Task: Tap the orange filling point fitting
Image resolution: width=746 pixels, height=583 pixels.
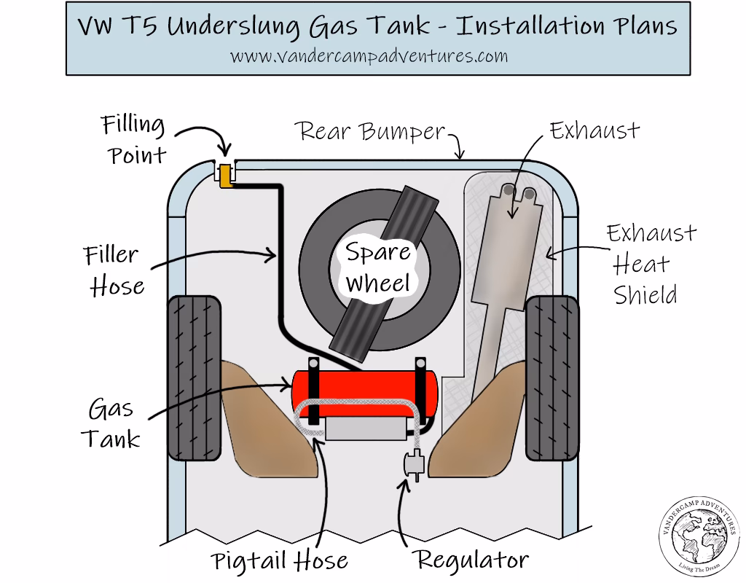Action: pyautogui.click(x=226, y=176)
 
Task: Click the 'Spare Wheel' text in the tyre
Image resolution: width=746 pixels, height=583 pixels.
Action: pyautogui.click(x=378, y=267)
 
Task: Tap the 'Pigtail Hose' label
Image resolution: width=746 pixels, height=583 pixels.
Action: pyautogui.click(x=280, y=561)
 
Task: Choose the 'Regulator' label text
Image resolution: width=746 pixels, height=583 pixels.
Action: pyautogui.click(x=471, y=560)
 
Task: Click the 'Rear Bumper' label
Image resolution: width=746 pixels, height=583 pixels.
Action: pyautogui.click(x=370, y=132)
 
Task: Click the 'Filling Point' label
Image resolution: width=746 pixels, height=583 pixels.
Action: pyautogui.click(x=133, y=139)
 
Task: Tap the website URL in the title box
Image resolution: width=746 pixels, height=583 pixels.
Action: pyautogui.click(x=369, y=55)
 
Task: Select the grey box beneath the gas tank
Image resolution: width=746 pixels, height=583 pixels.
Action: pyautogui.click(x=364, y=430)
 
